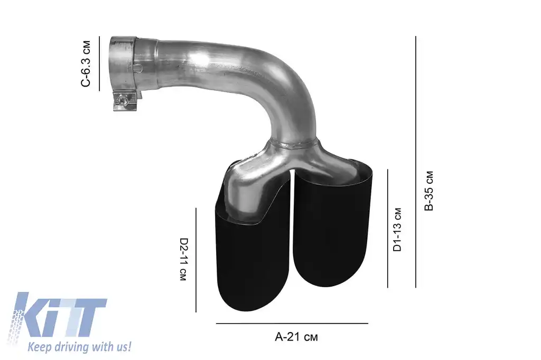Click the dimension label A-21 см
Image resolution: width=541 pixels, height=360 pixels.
(x=296, y=337)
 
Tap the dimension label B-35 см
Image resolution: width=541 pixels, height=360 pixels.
(x=429, y=191)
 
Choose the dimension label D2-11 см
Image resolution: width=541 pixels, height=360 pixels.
(x=183, y=259)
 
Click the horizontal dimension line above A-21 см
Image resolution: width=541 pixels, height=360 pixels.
(x=292, y=323)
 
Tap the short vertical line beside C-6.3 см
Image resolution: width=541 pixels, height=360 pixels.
(x=99, y=64)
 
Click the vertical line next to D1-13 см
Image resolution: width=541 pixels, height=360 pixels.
(x=388, y=228)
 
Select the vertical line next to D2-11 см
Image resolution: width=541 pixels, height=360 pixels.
(x=196, y=259)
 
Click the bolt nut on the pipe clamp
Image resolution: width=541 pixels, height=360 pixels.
(x=123, y=99)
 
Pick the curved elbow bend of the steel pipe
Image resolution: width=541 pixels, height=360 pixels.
(x=285, y=79)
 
